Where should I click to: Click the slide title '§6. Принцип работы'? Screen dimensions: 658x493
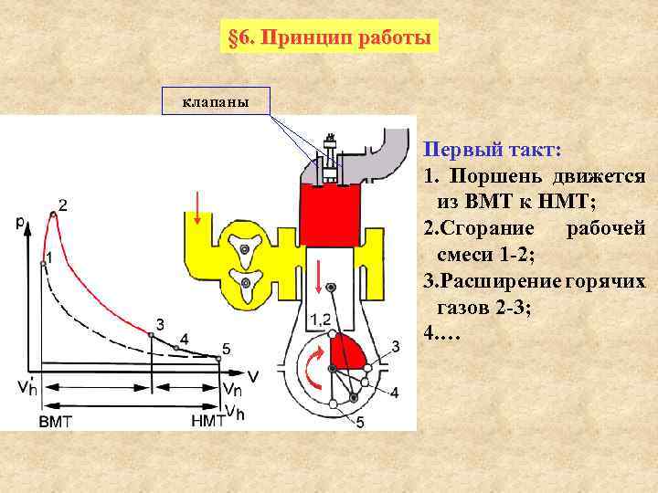click(328, 39)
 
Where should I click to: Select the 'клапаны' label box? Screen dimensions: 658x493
click(216, 101)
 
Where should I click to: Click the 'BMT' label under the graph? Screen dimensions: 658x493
click(56, 421)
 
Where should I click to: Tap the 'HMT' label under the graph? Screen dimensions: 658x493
click(208, 421)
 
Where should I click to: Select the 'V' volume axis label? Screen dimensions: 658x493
click(252, 375)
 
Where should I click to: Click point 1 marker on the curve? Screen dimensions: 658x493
click(43, 263)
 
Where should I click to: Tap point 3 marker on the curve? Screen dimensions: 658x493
click(152, 335)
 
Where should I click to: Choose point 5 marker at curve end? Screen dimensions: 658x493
click(218, 358)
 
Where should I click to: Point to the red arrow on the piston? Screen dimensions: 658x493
click(318, 274)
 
